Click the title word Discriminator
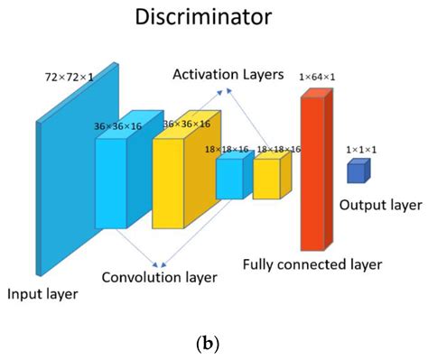[x=213, y=17]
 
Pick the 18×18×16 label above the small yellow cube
[x=279, y=148]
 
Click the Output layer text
[x=379, y=206]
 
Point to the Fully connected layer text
[x=312, y=264]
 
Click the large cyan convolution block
[x=114, y=180]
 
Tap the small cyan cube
[x=229, y=178]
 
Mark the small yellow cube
[x=267, y=178]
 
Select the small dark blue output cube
[x=357, y=171]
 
